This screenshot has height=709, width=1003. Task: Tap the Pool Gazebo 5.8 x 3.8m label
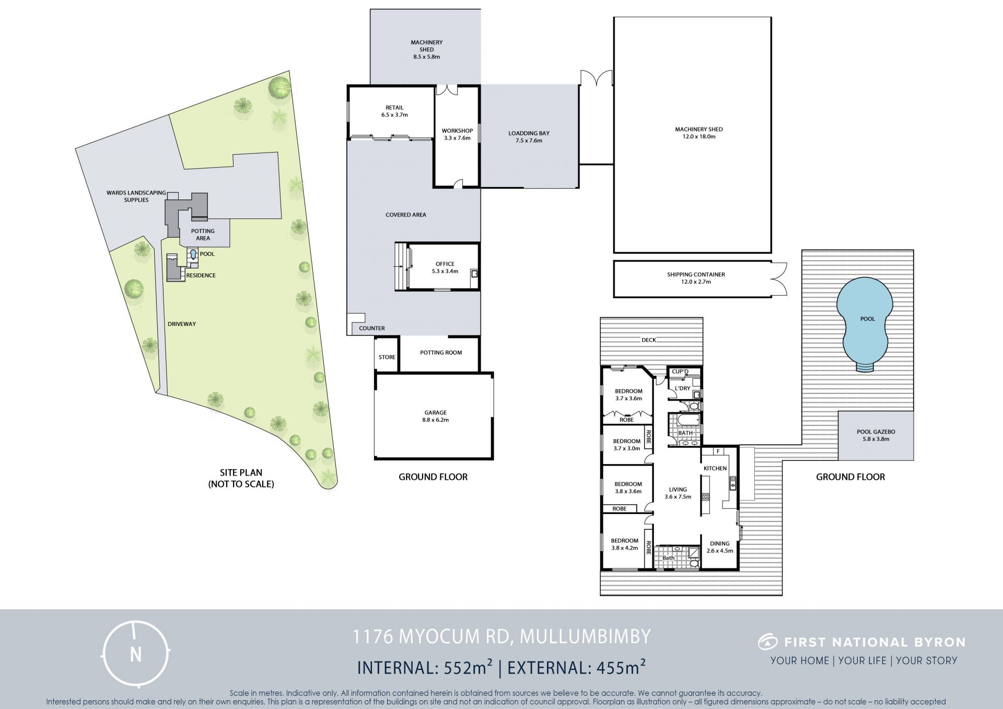point(876,435)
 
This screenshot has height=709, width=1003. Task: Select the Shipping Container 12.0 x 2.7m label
point(696,278)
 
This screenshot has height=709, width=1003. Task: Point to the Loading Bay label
point(529,133)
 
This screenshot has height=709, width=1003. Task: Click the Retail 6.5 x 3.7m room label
point(394,111)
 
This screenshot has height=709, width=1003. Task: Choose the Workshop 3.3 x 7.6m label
point(457,134)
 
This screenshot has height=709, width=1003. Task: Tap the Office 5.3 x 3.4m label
point(445,268)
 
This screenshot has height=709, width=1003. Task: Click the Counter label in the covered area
point(372,328)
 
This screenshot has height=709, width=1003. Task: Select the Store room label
point(387,357)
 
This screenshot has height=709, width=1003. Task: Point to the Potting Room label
point(441,353)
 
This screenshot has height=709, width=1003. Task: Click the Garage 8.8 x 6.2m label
point(436,416)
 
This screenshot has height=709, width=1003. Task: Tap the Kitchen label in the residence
point(715,468)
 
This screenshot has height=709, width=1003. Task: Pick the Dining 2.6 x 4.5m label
point(720,547)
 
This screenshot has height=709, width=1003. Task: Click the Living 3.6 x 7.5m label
point(678,493)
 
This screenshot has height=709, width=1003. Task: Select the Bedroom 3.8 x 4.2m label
point(625,544)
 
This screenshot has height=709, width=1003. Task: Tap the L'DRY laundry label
point(682,389)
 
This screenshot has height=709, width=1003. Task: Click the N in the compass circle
point(136,655)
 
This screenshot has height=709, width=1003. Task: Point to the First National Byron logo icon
point(767,642)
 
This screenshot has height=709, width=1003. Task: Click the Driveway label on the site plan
point(182,324)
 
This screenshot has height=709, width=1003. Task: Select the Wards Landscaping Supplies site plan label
point(136,196)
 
